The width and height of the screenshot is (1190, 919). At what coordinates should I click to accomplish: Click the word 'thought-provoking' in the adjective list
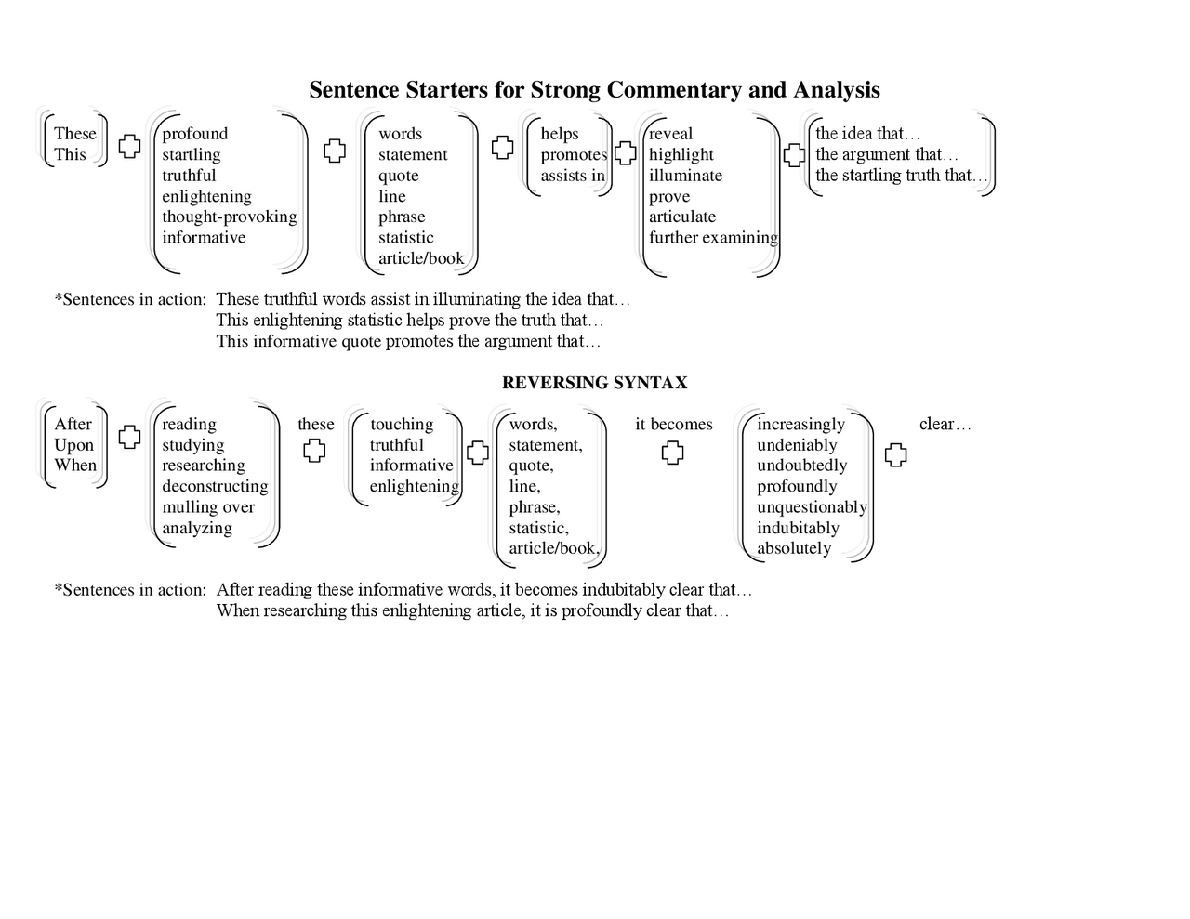pyautogui.click(x=229, y=217)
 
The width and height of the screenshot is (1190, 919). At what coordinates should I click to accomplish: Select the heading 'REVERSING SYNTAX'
pyautogui.click(x=594, y=383)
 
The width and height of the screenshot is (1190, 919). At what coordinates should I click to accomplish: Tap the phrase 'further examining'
pyautogui.click(x=713, y=238)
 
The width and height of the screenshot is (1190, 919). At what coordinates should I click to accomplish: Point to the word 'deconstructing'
pyautogui.click(x=215, y=486)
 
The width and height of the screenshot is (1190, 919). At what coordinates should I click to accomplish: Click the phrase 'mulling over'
pyautogui.click(x=208, y=507)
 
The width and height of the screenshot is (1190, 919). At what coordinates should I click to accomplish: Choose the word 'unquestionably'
pyautogui.click(x=812, y=507)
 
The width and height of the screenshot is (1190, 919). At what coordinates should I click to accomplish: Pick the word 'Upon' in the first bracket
pyautogui.click(x=73, y=445)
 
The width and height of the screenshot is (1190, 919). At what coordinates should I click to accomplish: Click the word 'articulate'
pyautogui.click(x=681, y=217)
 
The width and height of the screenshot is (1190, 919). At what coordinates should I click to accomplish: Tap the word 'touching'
pyautogui.click(x=402, y=425)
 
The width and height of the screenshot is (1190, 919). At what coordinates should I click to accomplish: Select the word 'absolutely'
pyautogui.click(x=794, y=548)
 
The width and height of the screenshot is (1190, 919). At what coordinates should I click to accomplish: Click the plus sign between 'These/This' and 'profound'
pyautogui.click(x=129, y=146)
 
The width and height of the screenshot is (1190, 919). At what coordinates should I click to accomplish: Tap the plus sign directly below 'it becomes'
pyautogui.click(x=672, y=453)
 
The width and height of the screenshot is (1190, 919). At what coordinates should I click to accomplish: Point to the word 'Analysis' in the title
pyautogui.click(x=836, y=90)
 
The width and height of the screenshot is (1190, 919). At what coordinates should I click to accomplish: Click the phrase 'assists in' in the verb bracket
pyautogui.click(x=573, y=176)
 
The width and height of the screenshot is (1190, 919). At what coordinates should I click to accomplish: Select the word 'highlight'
pyautogui.click(x=681, y=155)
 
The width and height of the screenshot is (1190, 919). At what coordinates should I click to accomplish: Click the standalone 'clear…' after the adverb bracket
pyautogui.click(x=945, y=425)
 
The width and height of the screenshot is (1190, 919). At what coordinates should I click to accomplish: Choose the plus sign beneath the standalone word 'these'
pyautogui.click(x=314, y=452)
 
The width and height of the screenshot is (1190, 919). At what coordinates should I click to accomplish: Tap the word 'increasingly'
pyautogui.click(x=800, y=425)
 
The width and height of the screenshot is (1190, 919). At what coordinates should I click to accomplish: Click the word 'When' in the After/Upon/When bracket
pyautogui.click(x=75, y=466)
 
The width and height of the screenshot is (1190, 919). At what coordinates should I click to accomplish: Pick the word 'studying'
pyautogui.click(x=192, y=445)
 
